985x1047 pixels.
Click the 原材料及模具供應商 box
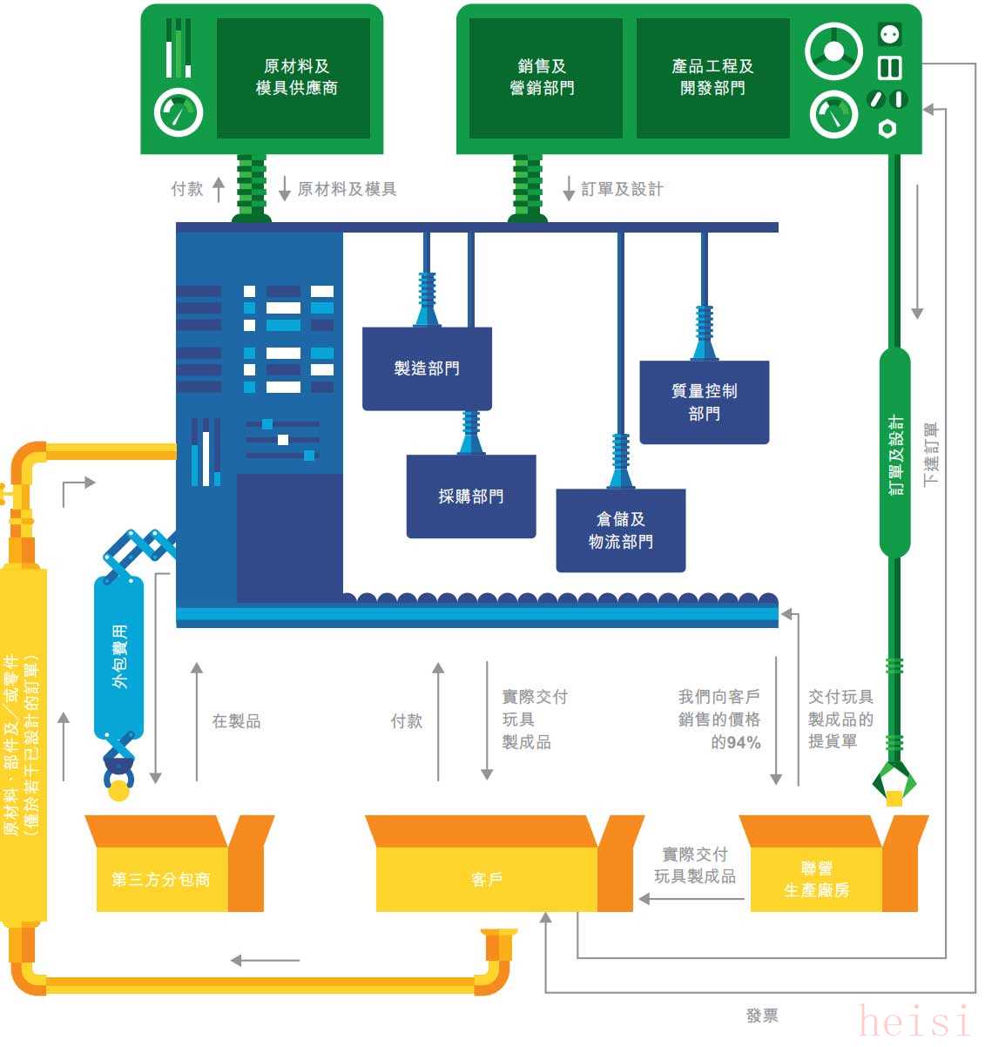click(x=293, y=78)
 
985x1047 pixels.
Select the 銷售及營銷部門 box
click(x=545, y=78)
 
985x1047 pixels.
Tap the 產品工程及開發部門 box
click(x=712, y=78)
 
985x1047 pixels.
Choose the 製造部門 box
click(x=427, y=368)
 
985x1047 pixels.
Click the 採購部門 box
click(x=471, y=496)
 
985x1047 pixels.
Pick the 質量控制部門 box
click(x=704, y=402)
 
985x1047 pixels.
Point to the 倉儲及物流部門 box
click(x=621, y=530)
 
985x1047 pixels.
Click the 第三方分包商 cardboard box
click(x=179, y=863)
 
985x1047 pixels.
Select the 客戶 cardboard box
click(x=503, y=863)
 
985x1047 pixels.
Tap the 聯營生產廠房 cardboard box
click(x=833, y=863)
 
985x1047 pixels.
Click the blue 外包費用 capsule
click(x=118, y=657)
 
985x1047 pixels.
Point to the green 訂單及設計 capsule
click(x=894, y=452)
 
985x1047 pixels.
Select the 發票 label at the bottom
click(x=762, y=1015)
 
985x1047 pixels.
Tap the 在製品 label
click(x=236, y=720)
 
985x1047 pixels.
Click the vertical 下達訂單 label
click(x=931, y=454)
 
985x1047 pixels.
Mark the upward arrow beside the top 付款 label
click(x=219, y=189)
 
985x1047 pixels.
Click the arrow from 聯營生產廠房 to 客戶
click(x=692, y=899)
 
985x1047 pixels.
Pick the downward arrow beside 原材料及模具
click(x=284, y=188)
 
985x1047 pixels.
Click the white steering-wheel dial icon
click(x=833, y=51)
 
